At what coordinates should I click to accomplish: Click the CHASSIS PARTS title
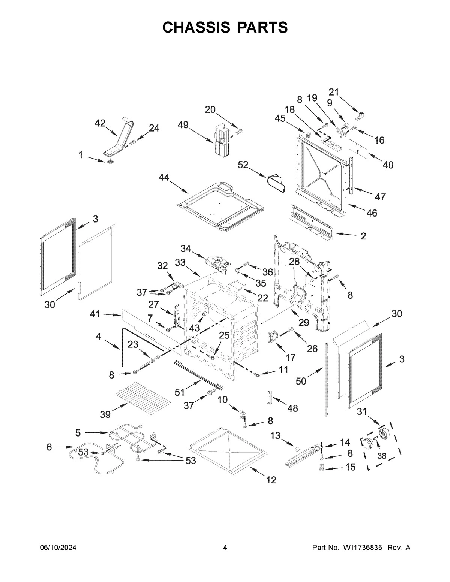point(225,27)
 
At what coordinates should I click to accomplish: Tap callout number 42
point(100,123)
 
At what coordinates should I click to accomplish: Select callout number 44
point(163,177)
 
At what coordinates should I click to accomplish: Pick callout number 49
point(183,125)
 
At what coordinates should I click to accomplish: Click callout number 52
point(243,165)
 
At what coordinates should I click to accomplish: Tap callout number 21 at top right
point(334,92)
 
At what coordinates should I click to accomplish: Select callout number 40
point(388,165)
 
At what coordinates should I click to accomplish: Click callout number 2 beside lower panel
point(363,236)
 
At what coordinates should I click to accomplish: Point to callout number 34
point(186,248)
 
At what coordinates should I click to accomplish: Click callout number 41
point(95,314)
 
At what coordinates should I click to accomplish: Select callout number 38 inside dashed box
point(381,456)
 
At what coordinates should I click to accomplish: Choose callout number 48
point(292,408)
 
